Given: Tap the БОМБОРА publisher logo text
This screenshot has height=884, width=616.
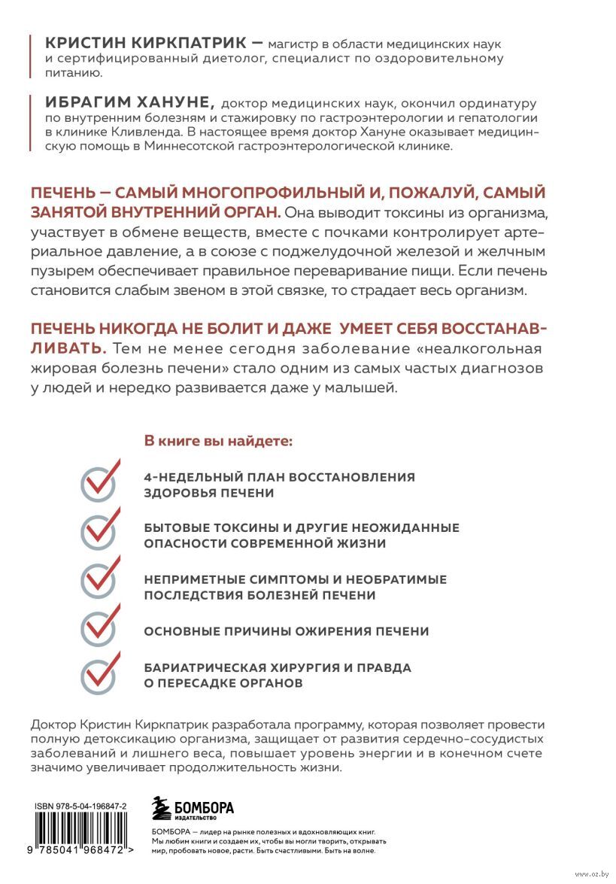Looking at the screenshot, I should [x=203, y=807].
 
